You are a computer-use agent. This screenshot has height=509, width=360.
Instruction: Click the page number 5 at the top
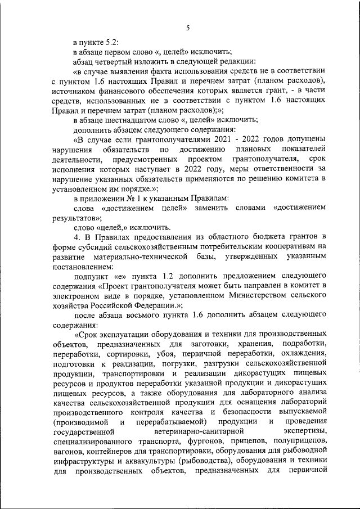point(188,28)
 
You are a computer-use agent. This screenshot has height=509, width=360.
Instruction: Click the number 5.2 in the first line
point(112,42)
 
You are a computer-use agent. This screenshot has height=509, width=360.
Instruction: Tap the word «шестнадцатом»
point(137,119)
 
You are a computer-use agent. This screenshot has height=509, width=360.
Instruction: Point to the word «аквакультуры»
point(145,461)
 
